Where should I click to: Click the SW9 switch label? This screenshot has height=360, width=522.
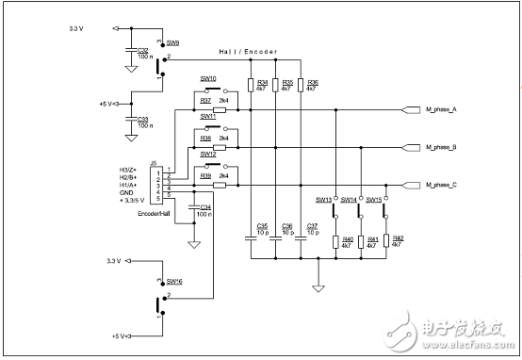tap(175, 43)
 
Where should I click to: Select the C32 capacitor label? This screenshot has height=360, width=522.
tap(142, 50)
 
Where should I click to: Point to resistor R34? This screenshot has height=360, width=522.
tap(251, 86)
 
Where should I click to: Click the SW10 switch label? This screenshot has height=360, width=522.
tap(208, 79)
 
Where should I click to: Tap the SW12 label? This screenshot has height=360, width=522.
tap(208, 155)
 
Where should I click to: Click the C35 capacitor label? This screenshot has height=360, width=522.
tap(262, 225)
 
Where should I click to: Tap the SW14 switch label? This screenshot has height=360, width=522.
tap(348, 200)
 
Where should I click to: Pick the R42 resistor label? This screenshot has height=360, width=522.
tap(398, 238)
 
